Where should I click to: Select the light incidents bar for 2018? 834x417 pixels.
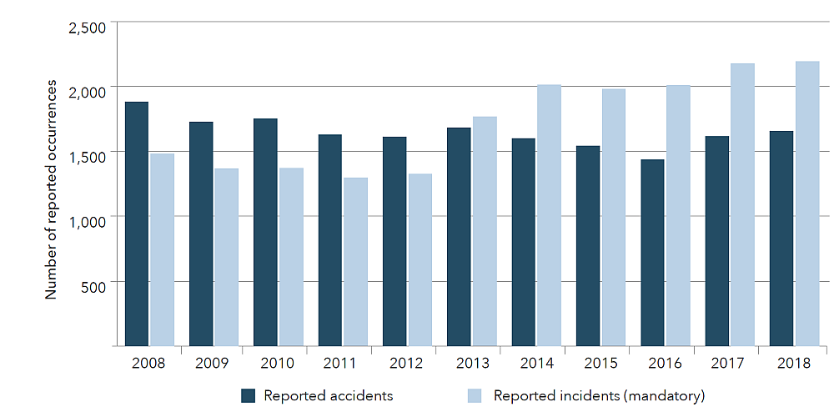(x=807, y=203)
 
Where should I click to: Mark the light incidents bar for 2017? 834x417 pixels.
(x=742, y=204)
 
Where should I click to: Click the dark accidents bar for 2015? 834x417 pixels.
(x=588, y=245)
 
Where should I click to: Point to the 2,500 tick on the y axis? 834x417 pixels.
(x=87, y=28)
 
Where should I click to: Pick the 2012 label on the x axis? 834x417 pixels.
(x=407, y=364)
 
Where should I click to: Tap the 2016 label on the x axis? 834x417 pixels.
(x=665, y=364)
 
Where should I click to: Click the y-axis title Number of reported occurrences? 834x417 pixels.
(x=52, y=189)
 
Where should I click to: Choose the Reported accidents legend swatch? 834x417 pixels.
(x=248, y=395)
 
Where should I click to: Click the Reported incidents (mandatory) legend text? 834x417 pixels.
(x=599, y=395)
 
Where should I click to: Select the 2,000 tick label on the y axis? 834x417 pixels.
(x=87, y=92)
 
